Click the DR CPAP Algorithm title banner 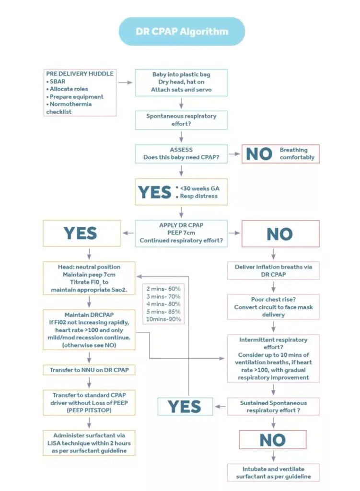click(x=182, y=32)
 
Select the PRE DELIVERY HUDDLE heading click(x=80, y=74)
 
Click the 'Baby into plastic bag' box click(x=181, y=82)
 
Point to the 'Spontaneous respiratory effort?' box click(x=181, y=119)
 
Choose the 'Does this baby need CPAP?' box click(x=181, y=153)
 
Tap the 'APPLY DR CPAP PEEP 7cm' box click(x=181, y=234)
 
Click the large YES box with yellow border click(x=81, y=234)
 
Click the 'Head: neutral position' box click(x=89, y=278)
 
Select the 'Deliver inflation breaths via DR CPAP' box click(x=273, y=270)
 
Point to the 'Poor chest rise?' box click(x=273, y=307)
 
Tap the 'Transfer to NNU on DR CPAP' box click(x=89, y=370)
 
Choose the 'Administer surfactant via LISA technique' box click(x=89, y=443)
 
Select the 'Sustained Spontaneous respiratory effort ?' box click(x=273, y=406)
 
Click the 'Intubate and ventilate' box click(x=273, y=472)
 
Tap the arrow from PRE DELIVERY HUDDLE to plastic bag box click(x=125, y=82)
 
